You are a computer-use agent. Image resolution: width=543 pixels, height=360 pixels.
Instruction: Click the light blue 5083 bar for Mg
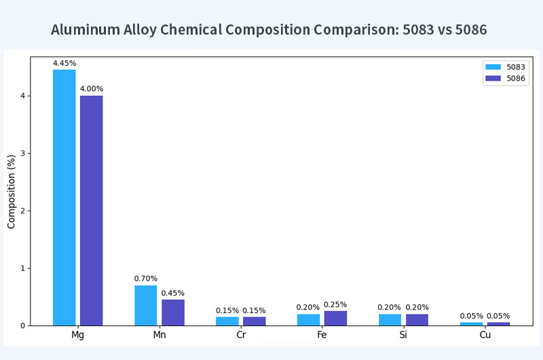pyautogui.click(x=64, y=197)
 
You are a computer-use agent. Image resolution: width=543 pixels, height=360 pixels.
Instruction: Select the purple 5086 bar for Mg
pyautogui.click(x=92, y=211)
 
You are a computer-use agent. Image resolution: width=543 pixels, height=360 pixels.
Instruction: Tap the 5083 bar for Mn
pyautogui.click(x=145, y=306)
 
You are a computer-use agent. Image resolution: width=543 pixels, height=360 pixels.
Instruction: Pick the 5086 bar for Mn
pyautogui.click(x=172, y=312)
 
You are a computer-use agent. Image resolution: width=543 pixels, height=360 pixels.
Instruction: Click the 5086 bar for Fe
pyautogui.click(x=335, y=318)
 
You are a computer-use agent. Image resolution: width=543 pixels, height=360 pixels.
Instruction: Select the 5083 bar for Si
pyautogui.click(x=390, y=319)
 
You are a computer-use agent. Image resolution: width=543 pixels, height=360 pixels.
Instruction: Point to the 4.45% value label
pyautogui.click(x=64, y=64)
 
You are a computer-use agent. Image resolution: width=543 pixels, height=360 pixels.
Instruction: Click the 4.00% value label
pyautogui.click(x=92, y=89)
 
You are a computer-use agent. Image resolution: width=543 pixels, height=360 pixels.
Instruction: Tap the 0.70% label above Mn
pyautogui.click(x=145, y=278)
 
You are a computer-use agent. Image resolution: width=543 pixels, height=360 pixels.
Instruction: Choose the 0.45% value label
pyautogui.click(x=172, y=293)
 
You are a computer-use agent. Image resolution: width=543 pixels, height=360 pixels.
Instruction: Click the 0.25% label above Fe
pyautogui.click(x=335, y=304)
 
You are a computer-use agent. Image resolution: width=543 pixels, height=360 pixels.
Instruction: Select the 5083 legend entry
pyautogui.click(x=506, y=67)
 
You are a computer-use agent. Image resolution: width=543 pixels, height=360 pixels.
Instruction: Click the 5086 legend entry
pyautogui.click(x=506, y=78)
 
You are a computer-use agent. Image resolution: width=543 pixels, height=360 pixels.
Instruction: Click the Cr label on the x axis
pyautogui.click(x=240, y=336)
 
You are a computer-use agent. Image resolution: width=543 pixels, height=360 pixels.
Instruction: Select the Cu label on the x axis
pyautogui.click(x=485, y=336)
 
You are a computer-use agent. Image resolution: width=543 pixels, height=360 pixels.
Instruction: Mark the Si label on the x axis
pyautogui.click(x=403, y=336)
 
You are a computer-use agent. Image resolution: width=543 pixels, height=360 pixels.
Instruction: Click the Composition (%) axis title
pyautogui.click(x=12, y=192)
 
